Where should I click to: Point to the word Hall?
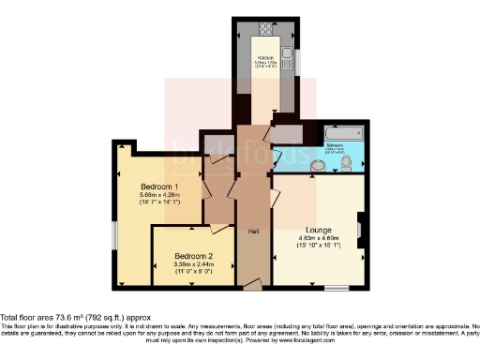253,231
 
